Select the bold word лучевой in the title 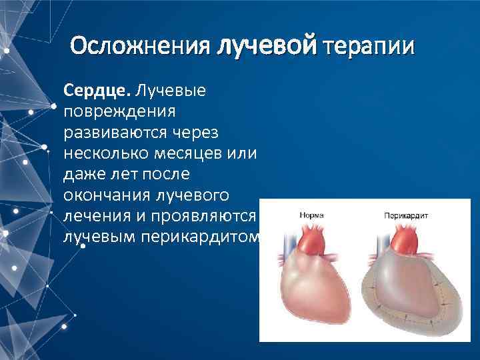point(267,47)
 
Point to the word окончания point(107,197)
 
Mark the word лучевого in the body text point(192,197)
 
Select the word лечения point(97,218)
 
